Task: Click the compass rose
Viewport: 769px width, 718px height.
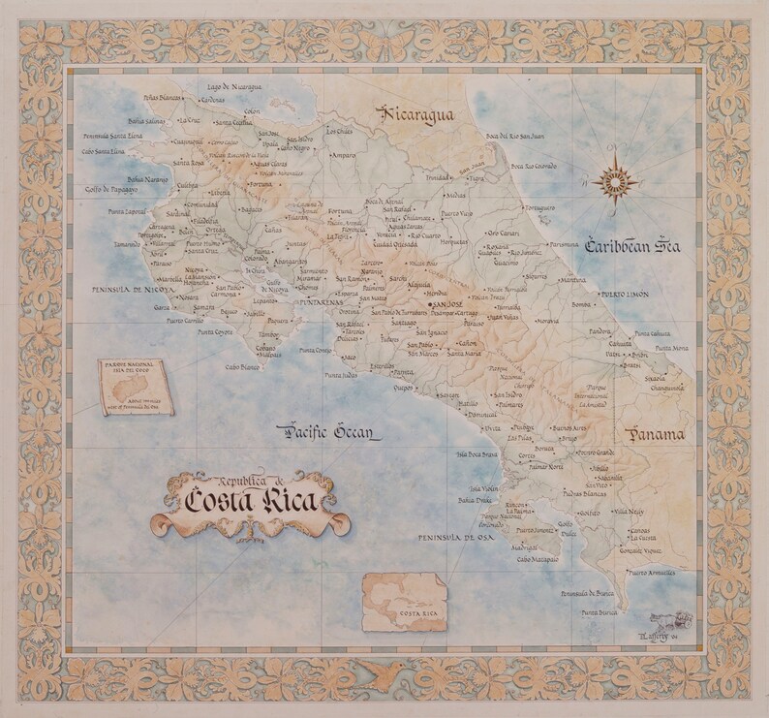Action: [616, 179]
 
